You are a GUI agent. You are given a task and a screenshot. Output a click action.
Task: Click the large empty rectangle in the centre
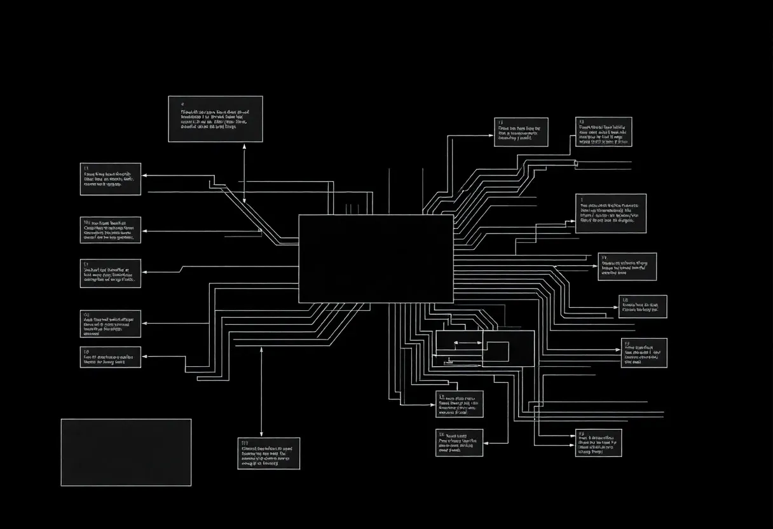click(376, 259)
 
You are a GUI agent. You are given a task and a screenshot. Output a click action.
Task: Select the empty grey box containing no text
click(126, 452)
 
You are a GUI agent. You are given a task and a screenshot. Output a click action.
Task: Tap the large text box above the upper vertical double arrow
click(215, 119)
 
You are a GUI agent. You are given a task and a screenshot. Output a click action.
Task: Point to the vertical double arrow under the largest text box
click(244, 172)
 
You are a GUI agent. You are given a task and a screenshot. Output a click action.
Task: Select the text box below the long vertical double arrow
click(269, 453)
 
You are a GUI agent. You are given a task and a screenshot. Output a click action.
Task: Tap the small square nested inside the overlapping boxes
click(497, 352)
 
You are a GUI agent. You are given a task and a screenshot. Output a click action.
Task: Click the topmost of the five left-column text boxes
click(111, 179)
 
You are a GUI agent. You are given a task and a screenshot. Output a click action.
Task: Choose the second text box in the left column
click(111, 230)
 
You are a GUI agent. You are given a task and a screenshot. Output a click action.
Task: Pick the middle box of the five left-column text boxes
click(111, 273)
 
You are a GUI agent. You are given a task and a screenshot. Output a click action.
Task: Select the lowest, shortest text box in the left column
click(111, 357)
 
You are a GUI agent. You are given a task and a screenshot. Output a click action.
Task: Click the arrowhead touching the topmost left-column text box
click(144, 174)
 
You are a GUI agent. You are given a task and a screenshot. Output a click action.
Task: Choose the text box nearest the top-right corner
click(604, 132)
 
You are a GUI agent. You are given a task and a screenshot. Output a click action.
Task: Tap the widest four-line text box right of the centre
click(611, 214)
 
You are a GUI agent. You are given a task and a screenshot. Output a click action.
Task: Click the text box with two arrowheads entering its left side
click(599, 443)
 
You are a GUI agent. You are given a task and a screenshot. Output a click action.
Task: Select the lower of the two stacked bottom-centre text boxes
click(459, 443)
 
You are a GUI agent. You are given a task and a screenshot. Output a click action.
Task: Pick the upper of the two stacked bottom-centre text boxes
click(459, 404)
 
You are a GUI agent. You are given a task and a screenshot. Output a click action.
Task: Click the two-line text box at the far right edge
click(643, 306)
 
